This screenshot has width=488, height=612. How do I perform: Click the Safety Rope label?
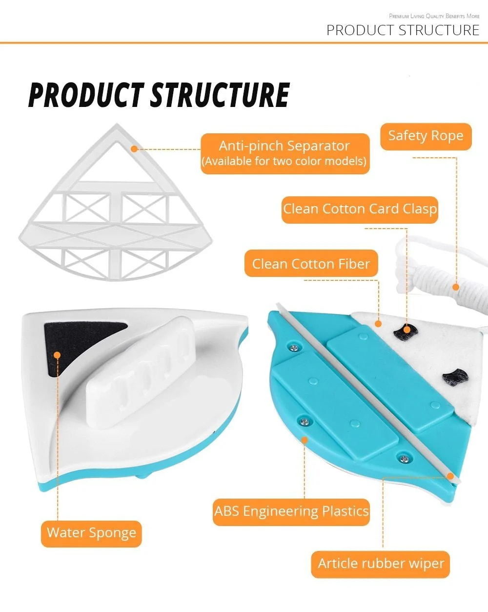tap(426, 136)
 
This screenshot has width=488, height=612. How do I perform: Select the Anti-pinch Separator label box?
tap(285, 153)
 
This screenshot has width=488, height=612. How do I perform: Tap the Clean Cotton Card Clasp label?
tap(360, 210)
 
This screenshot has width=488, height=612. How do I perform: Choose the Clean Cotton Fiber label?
tap(311, 263)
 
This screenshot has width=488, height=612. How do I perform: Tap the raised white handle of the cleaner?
tap(141, 373)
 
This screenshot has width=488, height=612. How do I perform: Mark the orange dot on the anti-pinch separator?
tap(134, 149)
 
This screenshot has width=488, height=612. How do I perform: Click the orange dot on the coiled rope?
tap(456, 287)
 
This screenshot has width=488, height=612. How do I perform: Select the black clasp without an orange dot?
tap(455, 377)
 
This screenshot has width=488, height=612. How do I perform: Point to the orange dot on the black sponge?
tap(57, 355)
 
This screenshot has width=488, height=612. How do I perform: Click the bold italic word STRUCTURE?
tap(220, 95)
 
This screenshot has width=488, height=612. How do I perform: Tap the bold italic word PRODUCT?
tap(86, 95)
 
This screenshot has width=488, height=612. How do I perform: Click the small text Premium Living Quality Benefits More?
tap(434, 16)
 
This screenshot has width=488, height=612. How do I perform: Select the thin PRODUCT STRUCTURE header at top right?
tap(403, 30)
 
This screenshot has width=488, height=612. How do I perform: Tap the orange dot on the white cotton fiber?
tap(378, 324)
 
